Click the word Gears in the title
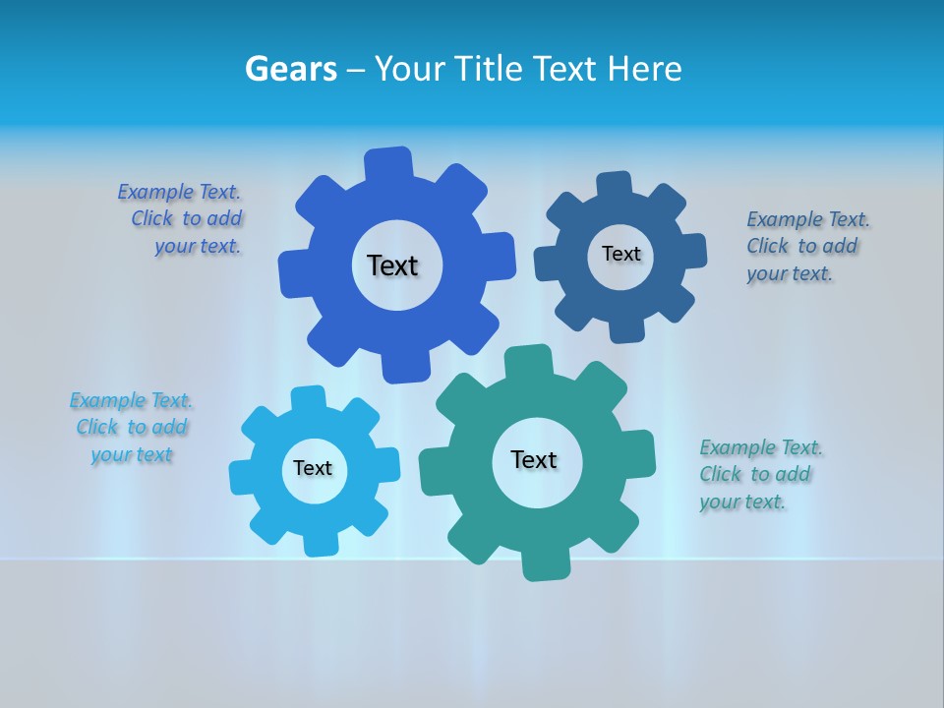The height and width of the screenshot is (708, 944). pyautogui.click(x=291, y=69)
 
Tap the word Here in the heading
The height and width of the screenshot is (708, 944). pyautogui.click(x=644, y=69)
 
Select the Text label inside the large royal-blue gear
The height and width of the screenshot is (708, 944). pyautogui.click(x=392, y=265)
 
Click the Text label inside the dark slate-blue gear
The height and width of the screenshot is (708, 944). pyautogui.click(x=620, y=254)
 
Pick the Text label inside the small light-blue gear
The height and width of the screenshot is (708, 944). pyautogui.click(x=313, y=468)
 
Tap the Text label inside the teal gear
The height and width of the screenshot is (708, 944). pyautogui.click(x=534, y=459)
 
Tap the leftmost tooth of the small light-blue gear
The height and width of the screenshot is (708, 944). pyautogui.click(x=244, y=478)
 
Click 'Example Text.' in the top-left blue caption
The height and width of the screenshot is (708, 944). pyautogui.click(x=179, y=192)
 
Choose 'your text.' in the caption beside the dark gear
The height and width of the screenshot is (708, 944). pyautogui.click(x=789, y=274)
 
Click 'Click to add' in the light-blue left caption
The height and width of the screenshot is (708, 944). pyautogui.click(x=132, y=427)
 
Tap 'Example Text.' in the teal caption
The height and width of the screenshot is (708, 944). pyautogui.click(x=761, y=447)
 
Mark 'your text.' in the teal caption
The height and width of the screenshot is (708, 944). pyautogui.click(x=742, y=502)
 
